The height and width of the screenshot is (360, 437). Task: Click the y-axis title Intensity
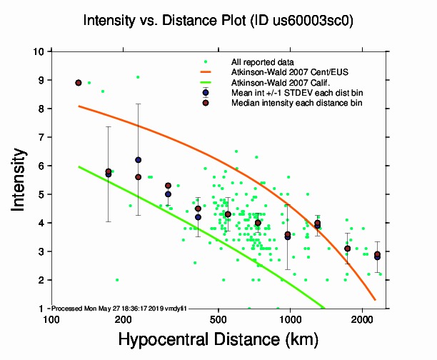point(21,179)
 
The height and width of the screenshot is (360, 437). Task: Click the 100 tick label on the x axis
point(51,319)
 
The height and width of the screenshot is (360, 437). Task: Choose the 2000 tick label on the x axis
point(361,319)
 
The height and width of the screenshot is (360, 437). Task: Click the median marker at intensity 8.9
point(79,83)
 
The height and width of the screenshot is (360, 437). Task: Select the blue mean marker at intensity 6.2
point(138,160)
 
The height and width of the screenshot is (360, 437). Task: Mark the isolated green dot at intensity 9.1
point(138,77)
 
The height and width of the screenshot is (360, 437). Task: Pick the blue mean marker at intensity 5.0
point(168,194)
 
